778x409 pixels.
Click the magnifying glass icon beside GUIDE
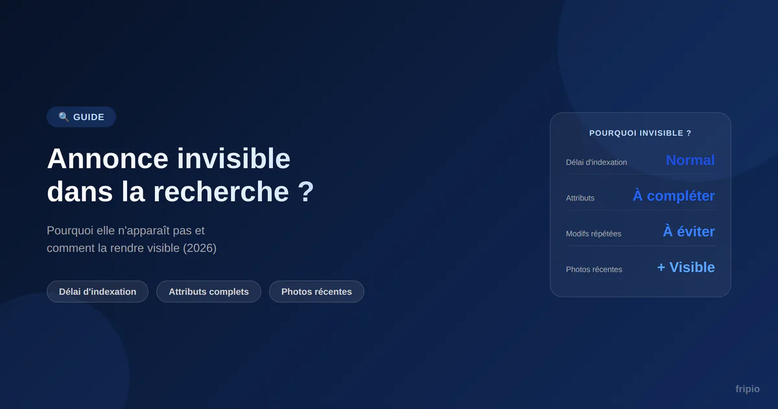click(64, 116)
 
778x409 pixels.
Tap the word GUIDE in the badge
click(89, 118)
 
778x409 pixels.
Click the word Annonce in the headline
click(108, 158)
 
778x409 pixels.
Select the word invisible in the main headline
click(233, 158)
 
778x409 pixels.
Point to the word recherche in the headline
click(221, 192)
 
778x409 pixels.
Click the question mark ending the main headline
click(306, 192)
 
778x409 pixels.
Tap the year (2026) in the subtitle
click(200, 248)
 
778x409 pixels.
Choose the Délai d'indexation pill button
click(98, 291)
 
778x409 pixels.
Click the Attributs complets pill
click(209, 291)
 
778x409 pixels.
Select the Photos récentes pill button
click(316, 291)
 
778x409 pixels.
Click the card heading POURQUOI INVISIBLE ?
click(640, 133)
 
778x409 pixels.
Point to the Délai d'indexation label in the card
click(596, 162)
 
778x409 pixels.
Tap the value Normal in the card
click(690, 160)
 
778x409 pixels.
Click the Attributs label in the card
click(580, 198)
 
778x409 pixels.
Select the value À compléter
click(674, 195)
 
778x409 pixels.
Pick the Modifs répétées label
click(594, 234)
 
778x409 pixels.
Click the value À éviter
click(689, 231)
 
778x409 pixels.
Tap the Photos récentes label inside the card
click(594, 269)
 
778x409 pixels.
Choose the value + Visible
click(686, 267)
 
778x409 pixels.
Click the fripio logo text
click(748, 389)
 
